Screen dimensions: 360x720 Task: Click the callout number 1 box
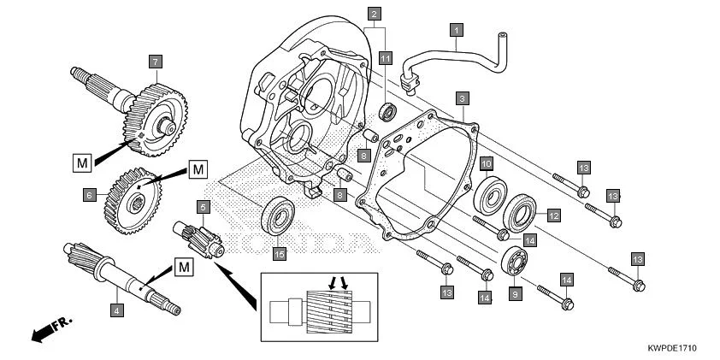(457, 31)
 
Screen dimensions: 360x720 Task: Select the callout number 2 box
(375, 14)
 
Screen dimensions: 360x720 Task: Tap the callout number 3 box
(462, 99)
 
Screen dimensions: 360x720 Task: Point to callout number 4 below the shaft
(116, 310)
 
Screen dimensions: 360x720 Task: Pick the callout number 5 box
(203, 206)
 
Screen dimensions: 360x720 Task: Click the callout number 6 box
(88, 195)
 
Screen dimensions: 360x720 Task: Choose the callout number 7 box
(155, 62)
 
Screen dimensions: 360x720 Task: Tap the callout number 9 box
(514, 292)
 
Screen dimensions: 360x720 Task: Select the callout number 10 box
(486, 163)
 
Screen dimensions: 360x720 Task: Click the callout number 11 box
(386, 58)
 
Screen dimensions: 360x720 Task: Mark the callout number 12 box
(553, 215)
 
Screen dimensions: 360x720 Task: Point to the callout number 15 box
(278, 253)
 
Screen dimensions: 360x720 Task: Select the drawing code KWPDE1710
(673, 349)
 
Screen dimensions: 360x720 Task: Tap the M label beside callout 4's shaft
(183, 268)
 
